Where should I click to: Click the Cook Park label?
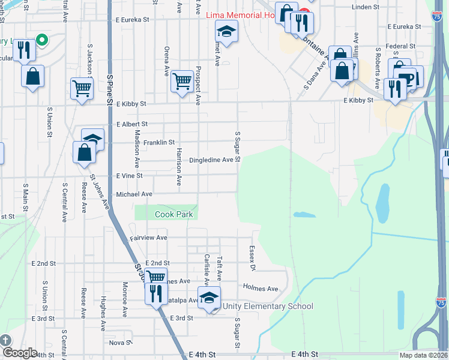[173, 214]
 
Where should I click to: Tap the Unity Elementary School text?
[268, 307]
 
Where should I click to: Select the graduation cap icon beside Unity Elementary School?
[209, 298]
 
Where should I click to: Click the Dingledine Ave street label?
[211, 160]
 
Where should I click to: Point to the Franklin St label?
[159, 143]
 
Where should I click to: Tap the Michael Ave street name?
[134, 194]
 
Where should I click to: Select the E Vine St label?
[130, 176]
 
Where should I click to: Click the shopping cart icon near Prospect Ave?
[181, 80]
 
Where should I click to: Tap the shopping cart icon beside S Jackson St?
[81, 88]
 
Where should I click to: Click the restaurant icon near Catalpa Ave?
[155, 293]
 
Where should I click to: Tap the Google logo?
[20, 353]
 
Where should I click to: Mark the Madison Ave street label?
[137, 149]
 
